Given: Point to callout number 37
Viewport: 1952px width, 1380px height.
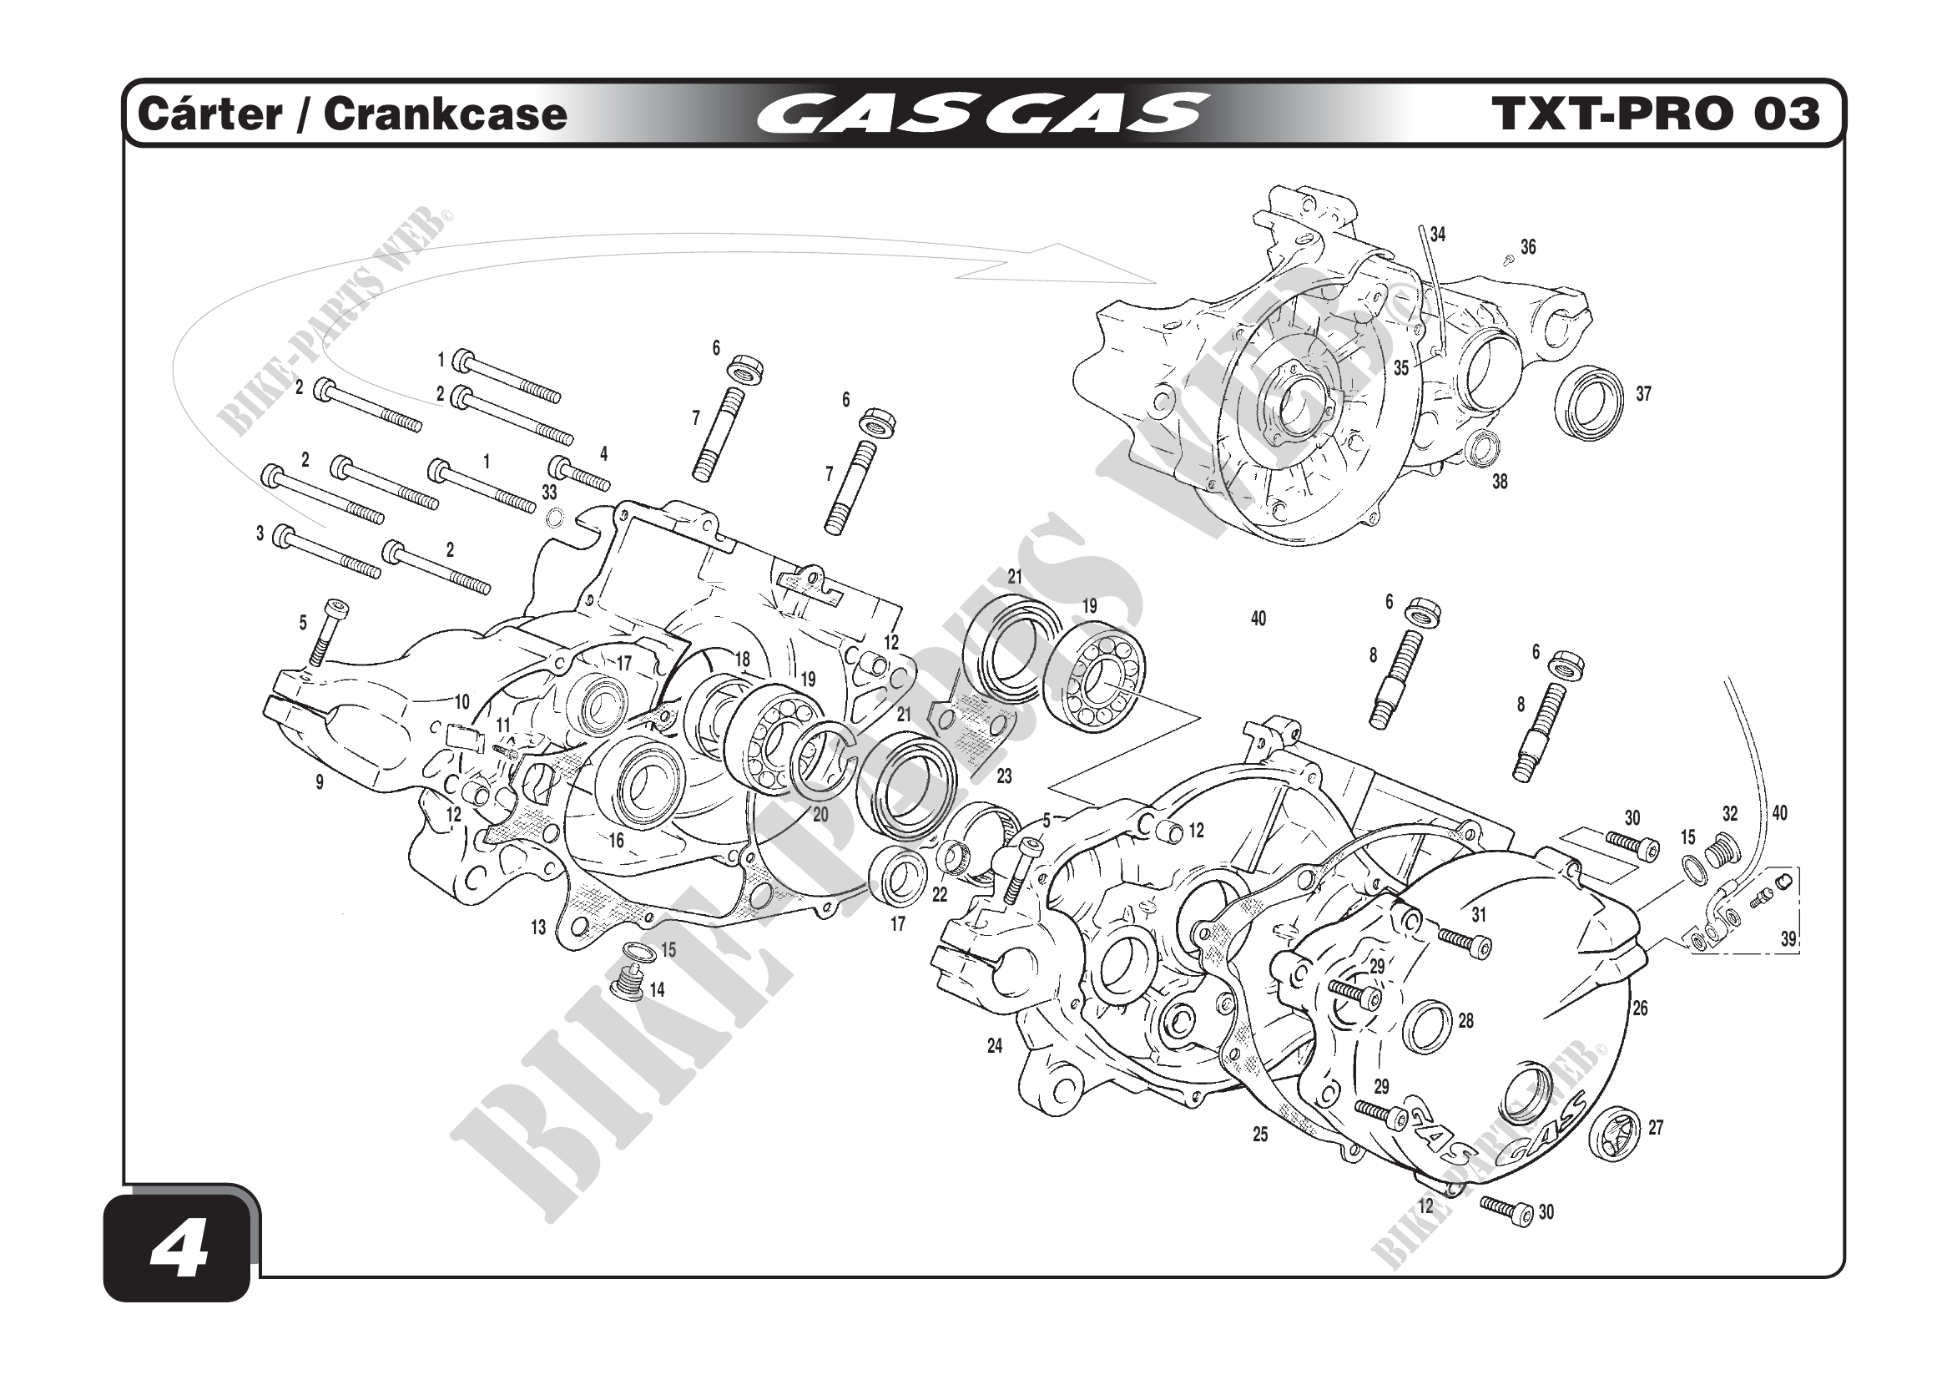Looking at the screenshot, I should (1643, 394).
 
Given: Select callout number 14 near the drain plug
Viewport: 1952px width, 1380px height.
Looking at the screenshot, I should (657, 990).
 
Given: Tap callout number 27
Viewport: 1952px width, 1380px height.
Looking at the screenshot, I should (1655, 1128).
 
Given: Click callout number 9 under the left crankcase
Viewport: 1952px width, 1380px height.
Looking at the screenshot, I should (320, 782).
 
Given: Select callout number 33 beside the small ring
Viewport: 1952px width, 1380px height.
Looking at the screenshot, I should (549, 493).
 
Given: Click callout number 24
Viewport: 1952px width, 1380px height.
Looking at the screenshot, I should (995, 1046).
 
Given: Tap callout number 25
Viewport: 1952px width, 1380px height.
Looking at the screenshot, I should (1260, 1135).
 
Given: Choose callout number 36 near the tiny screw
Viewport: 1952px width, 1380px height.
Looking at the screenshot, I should (1528, 247).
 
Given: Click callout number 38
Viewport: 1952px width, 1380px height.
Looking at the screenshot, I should (1500, 482).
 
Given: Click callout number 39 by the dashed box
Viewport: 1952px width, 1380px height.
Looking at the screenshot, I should (1788, 938).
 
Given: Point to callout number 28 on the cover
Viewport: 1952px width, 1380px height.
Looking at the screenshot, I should (1465, 1020).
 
